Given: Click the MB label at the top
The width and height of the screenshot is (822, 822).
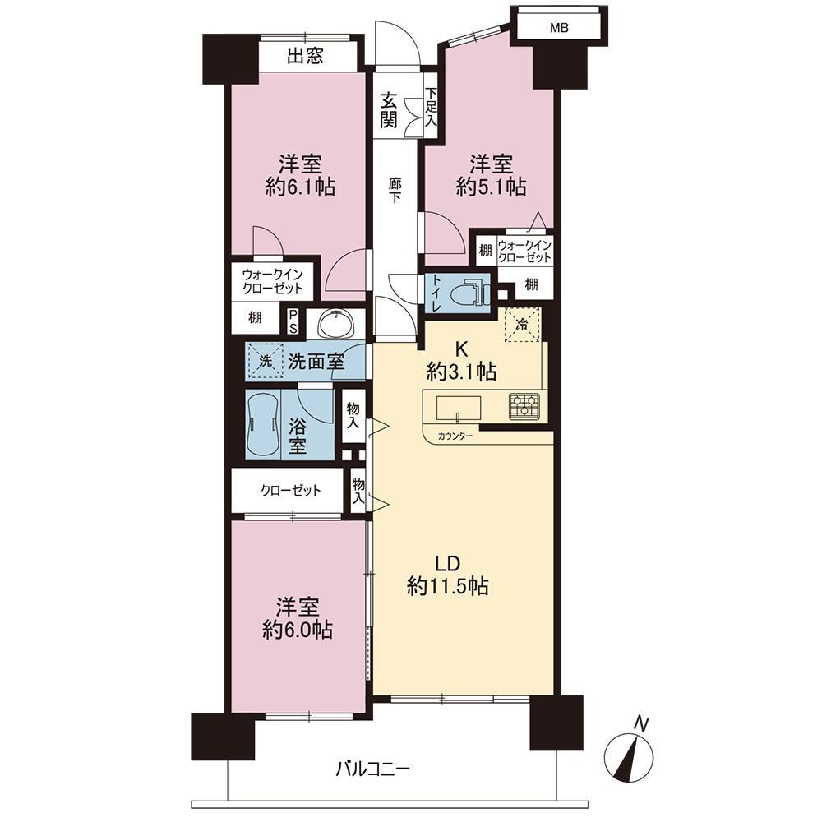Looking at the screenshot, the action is [559, 28].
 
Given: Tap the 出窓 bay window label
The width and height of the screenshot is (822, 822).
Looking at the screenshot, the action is [305, 56].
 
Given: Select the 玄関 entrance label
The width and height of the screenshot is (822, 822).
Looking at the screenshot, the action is [389, 111].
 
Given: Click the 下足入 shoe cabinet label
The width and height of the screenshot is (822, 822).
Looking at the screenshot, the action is [431, 107].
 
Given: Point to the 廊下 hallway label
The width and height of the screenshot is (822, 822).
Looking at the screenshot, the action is [395, 191].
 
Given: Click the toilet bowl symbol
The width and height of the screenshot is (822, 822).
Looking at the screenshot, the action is [469, 293].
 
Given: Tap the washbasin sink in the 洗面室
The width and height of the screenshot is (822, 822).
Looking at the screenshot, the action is [335, 323].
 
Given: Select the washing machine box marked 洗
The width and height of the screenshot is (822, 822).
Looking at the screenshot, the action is [266, 361].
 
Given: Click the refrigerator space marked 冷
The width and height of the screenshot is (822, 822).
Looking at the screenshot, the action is [522, 325].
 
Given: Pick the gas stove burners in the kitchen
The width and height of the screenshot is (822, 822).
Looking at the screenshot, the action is [524, 406].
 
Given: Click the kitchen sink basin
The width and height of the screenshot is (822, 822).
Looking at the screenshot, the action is [459, 409].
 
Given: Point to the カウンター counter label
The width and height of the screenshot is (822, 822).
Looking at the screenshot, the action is [455, 436].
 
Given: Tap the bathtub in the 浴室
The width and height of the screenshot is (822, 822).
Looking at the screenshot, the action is [263, 425].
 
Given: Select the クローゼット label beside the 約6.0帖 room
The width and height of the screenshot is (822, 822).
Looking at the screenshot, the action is [290, 491].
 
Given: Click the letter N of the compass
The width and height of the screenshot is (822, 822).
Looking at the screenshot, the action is [641, 724].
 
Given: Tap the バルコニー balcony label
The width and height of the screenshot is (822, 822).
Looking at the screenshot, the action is [372, 769].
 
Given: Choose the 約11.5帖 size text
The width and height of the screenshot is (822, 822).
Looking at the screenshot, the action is [448, 585].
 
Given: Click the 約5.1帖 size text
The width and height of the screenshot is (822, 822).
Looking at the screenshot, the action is [491, 187].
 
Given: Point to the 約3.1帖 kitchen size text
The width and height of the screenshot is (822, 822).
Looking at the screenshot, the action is [461, 372].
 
